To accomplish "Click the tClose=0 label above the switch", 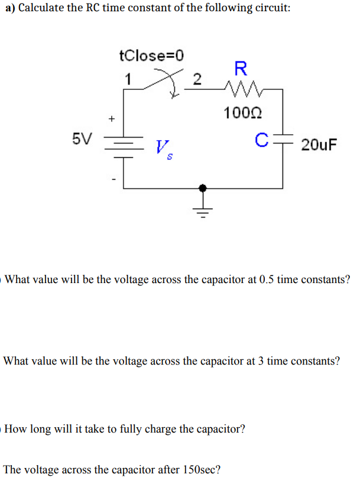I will [x=151, y=56].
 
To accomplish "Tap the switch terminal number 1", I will [x=128, y=79].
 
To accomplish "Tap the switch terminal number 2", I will [x=197, y=79].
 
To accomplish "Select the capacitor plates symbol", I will [x=283, y=141].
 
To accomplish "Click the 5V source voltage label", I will [x=82, y=139].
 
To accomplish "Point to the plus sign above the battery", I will [x=111, y=118].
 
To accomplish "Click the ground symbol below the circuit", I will [x=203, y=210].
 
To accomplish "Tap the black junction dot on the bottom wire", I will [x=203, y=188].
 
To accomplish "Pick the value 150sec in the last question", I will [x=199, y=470].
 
